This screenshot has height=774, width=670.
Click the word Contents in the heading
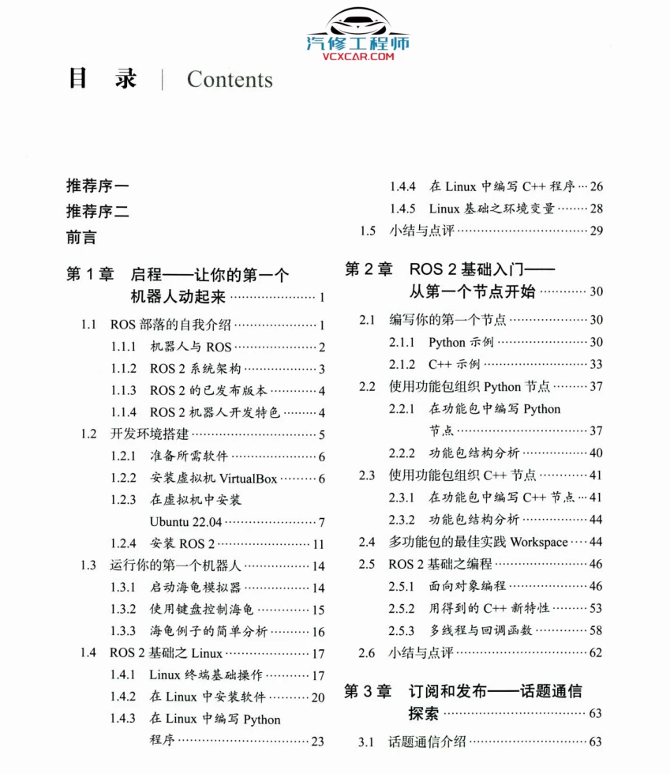230,80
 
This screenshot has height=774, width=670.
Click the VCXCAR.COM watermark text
357,56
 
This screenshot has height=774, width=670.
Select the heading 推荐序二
98,211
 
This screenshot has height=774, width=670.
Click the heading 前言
81,236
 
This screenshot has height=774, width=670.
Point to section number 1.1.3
123,390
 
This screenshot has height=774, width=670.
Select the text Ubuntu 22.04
185,522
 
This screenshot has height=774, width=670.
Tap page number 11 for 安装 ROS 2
319,544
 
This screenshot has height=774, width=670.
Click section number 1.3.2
123,609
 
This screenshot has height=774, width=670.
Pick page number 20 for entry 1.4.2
318,697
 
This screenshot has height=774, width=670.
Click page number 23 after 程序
318,741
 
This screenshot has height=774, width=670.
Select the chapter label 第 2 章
369,269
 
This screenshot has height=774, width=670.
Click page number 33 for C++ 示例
596,364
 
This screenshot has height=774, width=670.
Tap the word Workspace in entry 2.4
538,542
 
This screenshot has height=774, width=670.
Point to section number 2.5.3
402,630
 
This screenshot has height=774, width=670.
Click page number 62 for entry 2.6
596,652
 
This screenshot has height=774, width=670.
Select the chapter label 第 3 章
369,691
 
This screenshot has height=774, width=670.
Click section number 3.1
366,742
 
